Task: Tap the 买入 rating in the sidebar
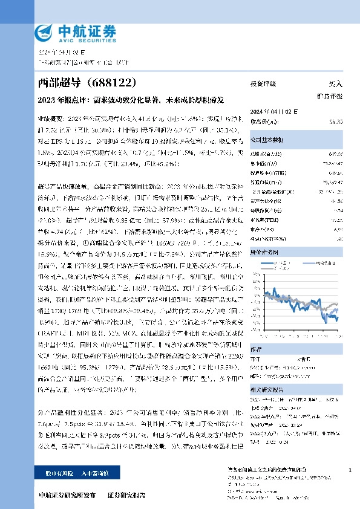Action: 334,85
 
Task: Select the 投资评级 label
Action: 263,85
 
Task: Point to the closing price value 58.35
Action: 335,122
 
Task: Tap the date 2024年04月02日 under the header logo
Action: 61,53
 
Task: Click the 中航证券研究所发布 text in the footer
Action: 67,495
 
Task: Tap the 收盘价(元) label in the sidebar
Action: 262,122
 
